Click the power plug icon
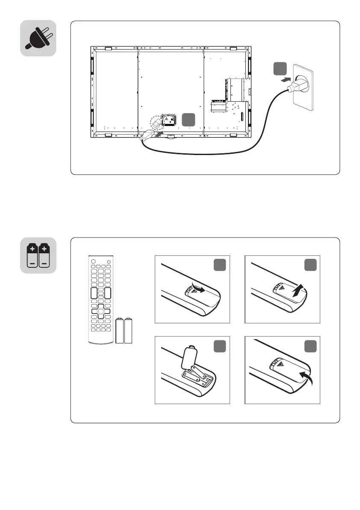[38, 38]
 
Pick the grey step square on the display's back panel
[189, 120]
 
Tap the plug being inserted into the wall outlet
[294, 86]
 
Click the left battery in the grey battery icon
[32, 255]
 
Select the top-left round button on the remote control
[91, 262]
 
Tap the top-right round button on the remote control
[109, 262]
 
